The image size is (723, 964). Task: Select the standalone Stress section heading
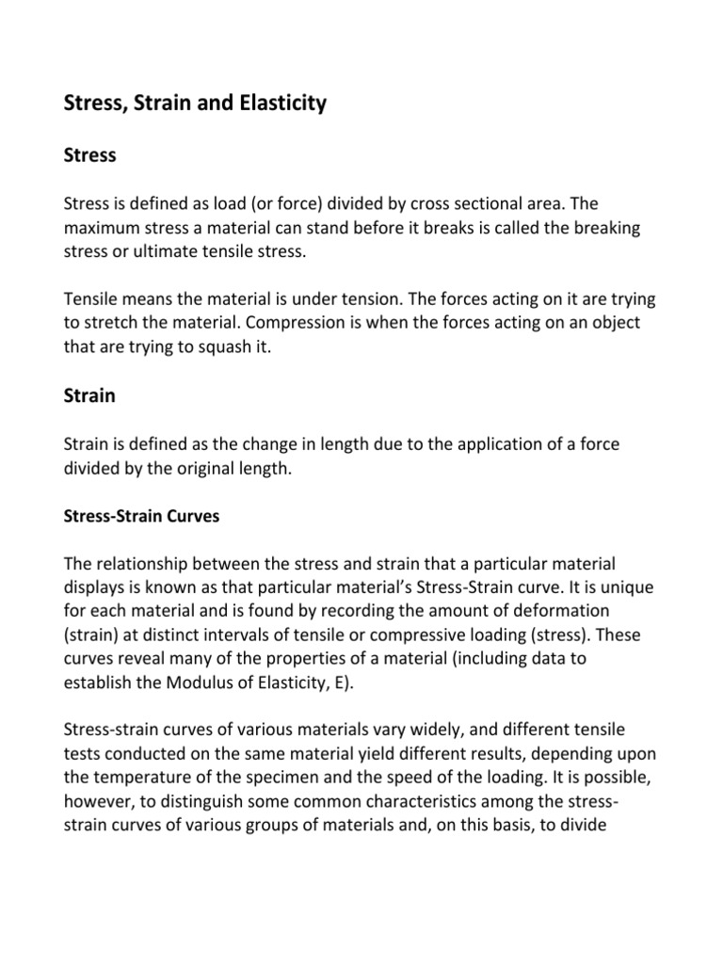[x=89, y=154]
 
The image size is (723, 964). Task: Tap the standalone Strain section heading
[x=89, y=395]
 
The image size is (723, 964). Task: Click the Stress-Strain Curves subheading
[x=140, y=517]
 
